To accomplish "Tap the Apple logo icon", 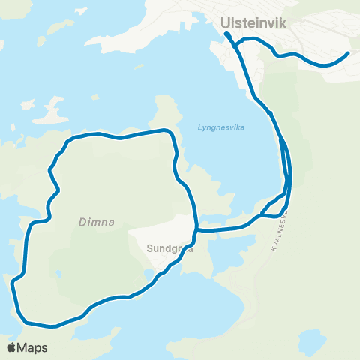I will click(11, 347).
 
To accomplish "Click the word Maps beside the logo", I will click(33, 347).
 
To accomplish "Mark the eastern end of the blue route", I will click(348, 54).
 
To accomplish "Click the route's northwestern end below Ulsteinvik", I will click(226, 34).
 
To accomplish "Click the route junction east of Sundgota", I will click(196, 229).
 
